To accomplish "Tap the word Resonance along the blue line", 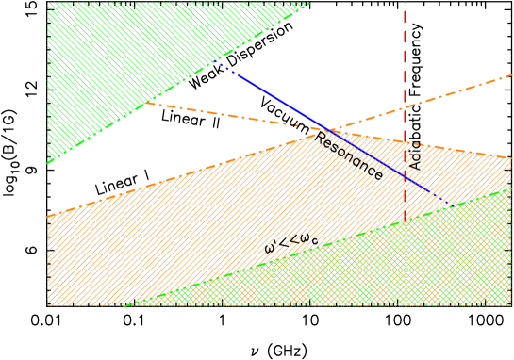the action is (x=349, y=155).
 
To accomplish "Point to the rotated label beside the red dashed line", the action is (x=415, y=156).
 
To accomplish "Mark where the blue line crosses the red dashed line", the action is (x=406, y=176).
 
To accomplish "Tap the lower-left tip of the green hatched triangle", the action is (x=48, y=163).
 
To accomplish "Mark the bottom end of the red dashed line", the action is (x=406, y=221).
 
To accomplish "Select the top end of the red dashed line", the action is (x=406, y=3).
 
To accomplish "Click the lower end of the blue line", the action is (x=446, y=205).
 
